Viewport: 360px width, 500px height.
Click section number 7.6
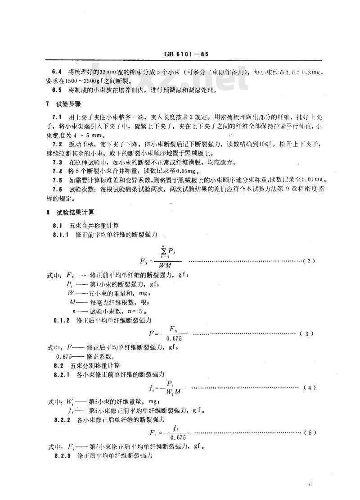point(57,189)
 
